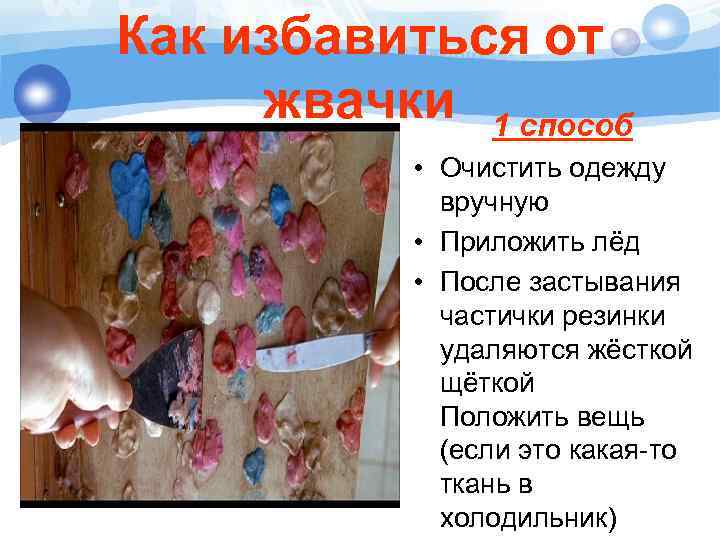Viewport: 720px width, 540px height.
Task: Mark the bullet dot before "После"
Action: point(412,281)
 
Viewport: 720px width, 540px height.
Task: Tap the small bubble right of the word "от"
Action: point(625,41)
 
